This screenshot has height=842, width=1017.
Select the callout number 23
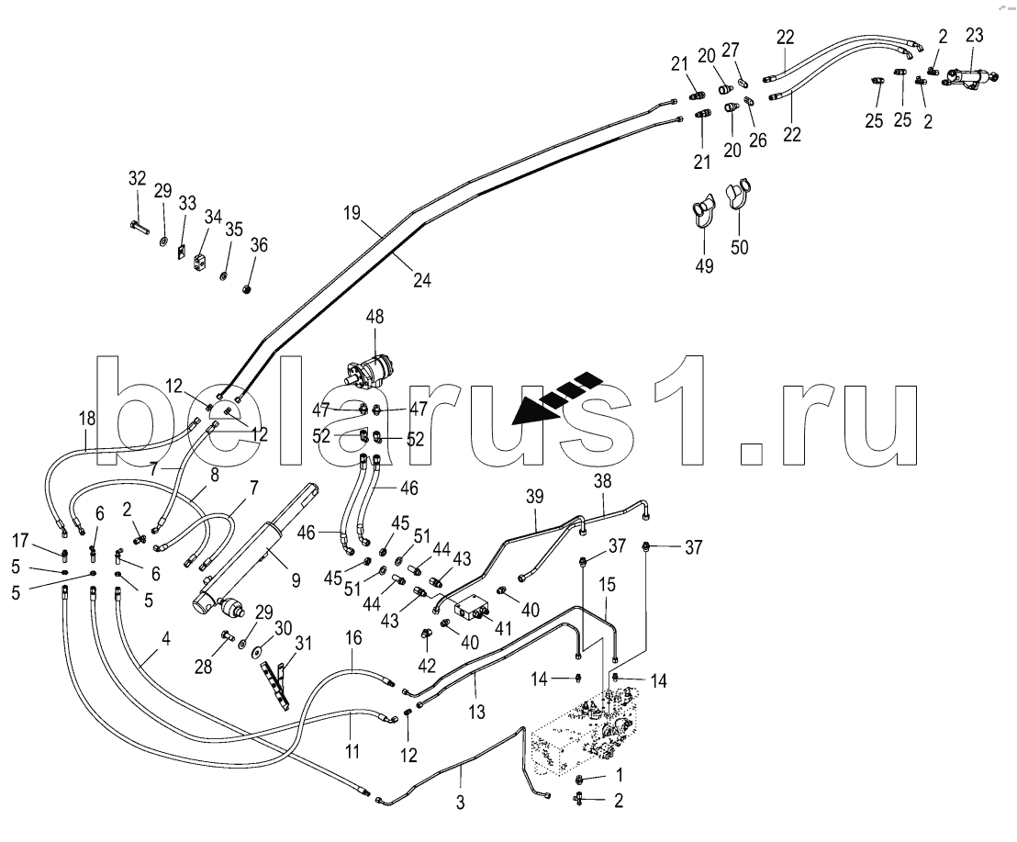974,37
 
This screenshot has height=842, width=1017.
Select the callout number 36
259,245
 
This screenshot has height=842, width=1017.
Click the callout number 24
421,282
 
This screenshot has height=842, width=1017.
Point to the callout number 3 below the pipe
461,802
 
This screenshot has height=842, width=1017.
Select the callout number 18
86,418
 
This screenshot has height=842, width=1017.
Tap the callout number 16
353,638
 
